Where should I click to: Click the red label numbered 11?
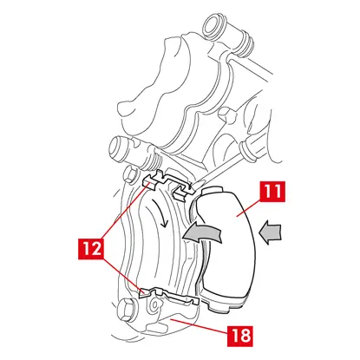click(x=272, y=192)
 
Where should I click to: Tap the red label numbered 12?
click(x=92, y=248)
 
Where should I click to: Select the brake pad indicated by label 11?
click(x=228, y=249)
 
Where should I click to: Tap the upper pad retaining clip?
click(x=167, y=184)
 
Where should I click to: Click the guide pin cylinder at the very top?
click(x=213, y=26)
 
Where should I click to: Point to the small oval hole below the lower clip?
click(x=154, y=305)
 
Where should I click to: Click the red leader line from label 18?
click(x=199, y=326)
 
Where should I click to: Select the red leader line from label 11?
click(x=249, y=208)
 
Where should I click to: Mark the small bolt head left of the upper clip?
click(x=130, y=175)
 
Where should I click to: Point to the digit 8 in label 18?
click(x=245, y=336)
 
